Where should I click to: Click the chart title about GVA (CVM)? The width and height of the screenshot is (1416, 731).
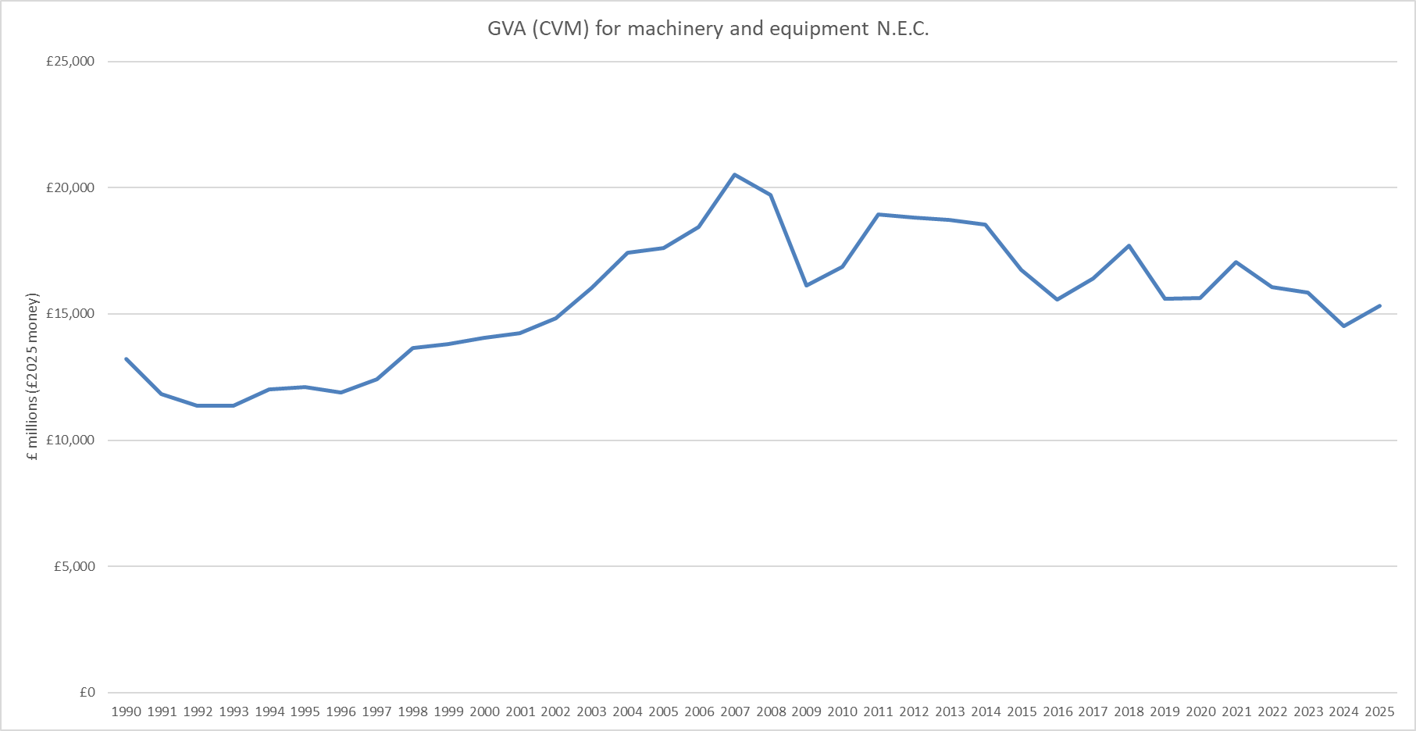coord(708,29)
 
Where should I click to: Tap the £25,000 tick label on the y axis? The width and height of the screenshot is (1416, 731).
coord(70,62)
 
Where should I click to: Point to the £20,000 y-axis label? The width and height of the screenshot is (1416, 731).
coord(70,187)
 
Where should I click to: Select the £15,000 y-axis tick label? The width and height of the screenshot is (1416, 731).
coord(70,314)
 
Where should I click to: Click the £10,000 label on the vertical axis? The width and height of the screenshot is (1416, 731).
coord(70,440)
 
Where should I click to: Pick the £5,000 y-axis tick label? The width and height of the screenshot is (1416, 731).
coord(74,566)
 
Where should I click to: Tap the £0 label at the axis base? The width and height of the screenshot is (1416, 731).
coord(87,693)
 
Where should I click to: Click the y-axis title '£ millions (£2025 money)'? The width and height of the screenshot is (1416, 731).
coord(33,377)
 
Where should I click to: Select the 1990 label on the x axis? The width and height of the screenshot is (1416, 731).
coord(127,711)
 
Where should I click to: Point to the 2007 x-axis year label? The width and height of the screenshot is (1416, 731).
coord(735,711)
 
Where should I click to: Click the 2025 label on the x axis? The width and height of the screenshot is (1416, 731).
coord(1379,711)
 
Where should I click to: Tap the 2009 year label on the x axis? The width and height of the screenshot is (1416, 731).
coord(807,711)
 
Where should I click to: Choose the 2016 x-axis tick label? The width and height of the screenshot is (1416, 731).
coord(1058,711)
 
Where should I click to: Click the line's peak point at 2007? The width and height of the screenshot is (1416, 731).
coord(735,175)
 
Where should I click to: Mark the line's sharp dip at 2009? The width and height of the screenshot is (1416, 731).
coord(807,285)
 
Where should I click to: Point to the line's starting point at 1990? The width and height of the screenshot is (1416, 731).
coord(127,359)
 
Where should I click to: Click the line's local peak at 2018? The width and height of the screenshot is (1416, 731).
coord(1129,246)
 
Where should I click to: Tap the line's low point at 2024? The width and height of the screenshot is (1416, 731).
coord(1344,326)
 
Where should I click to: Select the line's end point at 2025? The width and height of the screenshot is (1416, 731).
coord(1379,306)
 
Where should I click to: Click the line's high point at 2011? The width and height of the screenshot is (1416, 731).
coord(879,214)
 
